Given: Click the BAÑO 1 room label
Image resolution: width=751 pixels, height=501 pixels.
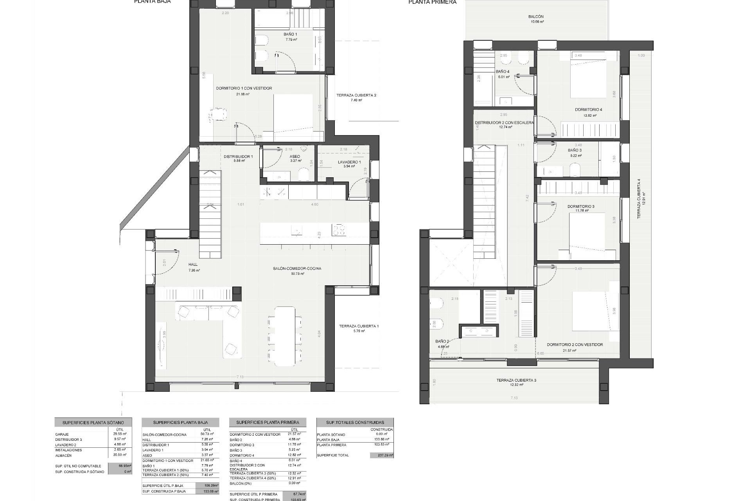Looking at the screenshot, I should [290, 34].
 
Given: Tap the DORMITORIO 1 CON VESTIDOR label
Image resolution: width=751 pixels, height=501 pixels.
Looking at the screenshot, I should [244, 88].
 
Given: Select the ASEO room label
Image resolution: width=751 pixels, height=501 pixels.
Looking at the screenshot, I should [295, 157].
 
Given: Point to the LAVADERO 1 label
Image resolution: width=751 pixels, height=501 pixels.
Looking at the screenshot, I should [349, 162].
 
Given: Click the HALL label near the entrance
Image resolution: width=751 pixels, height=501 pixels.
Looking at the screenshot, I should [193, 265].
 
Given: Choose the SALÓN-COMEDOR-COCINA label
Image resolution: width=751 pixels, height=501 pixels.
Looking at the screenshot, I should [297, 269].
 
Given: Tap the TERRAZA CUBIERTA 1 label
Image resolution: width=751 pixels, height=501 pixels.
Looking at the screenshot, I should [359, 326].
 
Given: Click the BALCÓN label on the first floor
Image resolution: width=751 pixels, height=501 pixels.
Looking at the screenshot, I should [535, 17].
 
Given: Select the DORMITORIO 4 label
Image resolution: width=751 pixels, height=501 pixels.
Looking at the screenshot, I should [588, 110].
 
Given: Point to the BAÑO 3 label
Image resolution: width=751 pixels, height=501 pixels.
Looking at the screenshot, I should [575, 150].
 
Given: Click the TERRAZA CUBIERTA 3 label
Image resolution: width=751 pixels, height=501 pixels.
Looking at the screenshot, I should [514, 380].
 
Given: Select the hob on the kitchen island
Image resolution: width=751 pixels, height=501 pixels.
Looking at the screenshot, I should [339, 230].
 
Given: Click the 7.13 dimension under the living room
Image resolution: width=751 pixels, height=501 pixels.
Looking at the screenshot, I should [240, 377].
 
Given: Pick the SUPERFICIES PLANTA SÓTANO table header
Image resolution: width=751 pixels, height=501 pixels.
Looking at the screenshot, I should [93, 423].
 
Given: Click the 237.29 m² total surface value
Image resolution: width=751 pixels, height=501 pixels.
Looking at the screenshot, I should [382, 456].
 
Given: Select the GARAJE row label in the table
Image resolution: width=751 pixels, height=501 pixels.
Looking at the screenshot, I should [62, 434].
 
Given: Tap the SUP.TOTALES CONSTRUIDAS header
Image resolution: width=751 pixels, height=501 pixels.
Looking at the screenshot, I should [355, 422].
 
